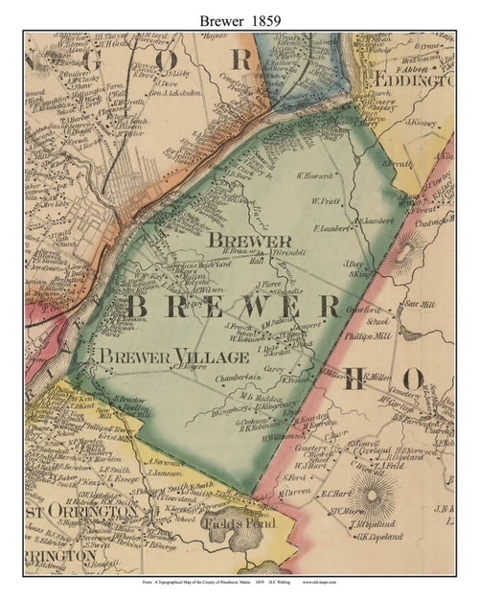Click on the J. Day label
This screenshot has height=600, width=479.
pyautogui.click(x=353, y=264)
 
